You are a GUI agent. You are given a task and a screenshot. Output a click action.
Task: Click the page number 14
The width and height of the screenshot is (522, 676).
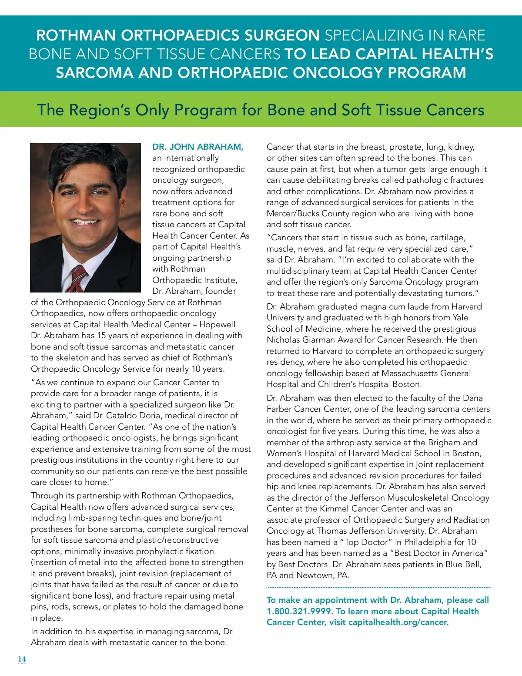point(22,659)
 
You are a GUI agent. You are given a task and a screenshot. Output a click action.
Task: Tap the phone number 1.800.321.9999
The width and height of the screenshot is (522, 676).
point(299,611)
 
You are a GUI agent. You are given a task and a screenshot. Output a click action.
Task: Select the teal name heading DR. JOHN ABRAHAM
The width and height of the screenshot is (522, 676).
point(197,147)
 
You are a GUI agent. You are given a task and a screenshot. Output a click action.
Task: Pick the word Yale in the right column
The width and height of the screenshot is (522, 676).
point(460,318)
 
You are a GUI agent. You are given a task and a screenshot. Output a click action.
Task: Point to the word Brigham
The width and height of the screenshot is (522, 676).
point(444,442)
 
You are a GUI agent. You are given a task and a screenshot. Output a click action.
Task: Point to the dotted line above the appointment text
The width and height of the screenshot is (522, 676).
point(378,588)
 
